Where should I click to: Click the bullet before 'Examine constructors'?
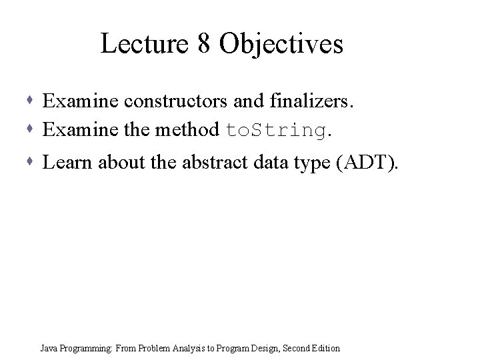(x=33, y=101)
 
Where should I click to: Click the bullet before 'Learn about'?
(x=33, y=161)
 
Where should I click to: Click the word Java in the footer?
(x=49, y=348)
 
